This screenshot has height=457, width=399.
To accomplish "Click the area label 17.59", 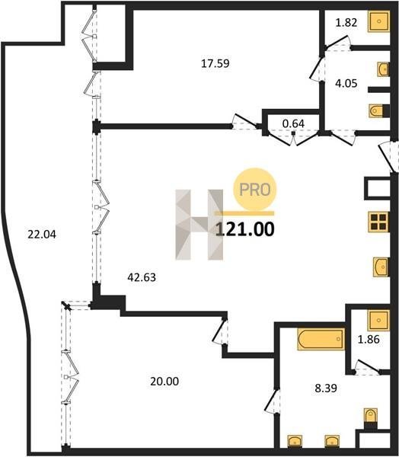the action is tap(215, 63).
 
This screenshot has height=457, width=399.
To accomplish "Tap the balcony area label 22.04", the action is tap(42, 235).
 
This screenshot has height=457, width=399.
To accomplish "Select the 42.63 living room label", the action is tap(142, 277).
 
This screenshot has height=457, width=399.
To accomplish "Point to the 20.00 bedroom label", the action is tap(164, 382).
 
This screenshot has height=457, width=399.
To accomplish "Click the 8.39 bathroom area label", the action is tap(326, 388).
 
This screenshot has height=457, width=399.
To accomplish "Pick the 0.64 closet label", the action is tap(293, 123).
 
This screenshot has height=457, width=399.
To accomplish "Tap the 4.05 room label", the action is tap(346, 84).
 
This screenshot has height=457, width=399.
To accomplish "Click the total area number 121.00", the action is tap(245, 229).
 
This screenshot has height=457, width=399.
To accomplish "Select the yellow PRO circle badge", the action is tap(254, 189).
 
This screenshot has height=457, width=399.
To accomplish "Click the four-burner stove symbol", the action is tap(379, 222).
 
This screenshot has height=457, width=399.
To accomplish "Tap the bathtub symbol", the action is tap(321, 339).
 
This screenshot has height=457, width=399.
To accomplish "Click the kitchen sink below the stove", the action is tap(381, 267).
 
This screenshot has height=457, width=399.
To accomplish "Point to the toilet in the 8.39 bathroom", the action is tap(370, 416).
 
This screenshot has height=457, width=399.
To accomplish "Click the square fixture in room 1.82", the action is tap(379, 21).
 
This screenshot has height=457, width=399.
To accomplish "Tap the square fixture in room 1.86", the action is tap(379, 321).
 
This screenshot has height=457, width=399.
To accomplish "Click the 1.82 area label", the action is tap(346, 22).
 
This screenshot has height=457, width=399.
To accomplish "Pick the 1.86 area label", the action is tap(369, 339).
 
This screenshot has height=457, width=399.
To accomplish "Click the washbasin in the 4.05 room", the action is tap(383, 69).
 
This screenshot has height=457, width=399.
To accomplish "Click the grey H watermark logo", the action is tap(199, 225).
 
